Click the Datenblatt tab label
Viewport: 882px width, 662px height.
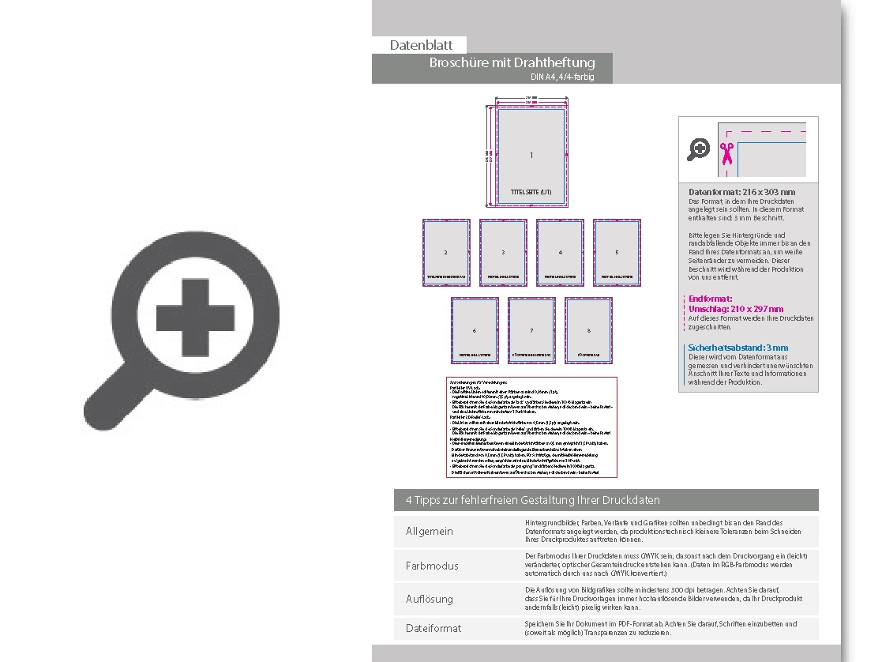[x=421, y=46]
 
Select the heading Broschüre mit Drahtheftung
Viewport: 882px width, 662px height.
[x=512, y=62]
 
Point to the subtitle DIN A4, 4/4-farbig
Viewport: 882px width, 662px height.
[x=561, y=77]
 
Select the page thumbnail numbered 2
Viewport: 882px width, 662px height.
[x=446, y=252]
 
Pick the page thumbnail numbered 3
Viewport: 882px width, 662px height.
[x=503, y=252]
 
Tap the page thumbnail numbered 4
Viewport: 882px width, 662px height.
[x=560, y=252]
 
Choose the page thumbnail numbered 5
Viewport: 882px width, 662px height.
[x=617, y=252]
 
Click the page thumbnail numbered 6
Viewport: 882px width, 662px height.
[x=475, y=330]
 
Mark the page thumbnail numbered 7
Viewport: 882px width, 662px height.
[x=531, y=330]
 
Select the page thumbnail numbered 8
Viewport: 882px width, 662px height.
[x=588, y=330]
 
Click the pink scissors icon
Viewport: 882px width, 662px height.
[x=726, y=151]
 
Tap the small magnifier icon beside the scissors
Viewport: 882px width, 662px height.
[x=698, y=149]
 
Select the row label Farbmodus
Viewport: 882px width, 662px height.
[x=431, y=566]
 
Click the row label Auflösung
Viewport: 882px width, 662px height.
[x=429, y=599]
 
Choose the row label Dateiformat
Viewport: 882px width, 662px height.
[x=433, y=628]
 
